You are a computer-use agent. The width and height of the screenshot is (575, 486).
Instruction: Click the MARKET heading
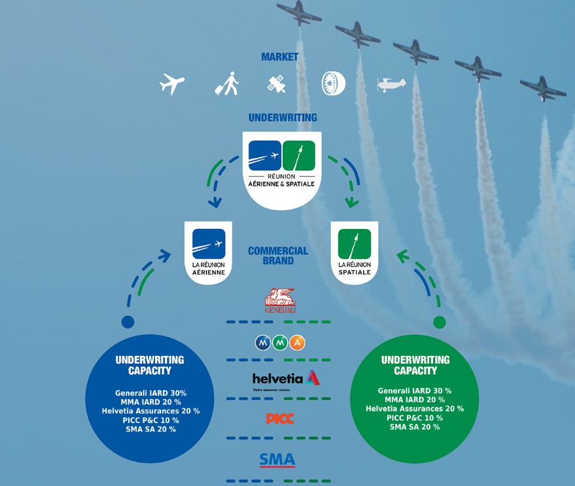pos(279,57)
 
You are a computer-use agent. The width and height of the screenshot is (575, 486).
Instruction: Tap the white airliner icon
pos(172,84)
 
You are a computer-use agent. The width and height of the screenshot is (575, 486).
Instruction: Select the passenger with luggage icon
pos(227,84)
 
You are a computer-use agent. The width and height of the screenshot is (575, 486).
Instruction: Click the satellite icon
pos(277,84)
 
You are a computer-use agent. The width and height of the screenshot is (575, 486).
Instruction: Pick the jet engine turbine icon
pos(333,83)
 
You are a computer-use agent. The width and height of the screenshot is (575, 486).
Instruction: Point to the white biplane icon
pos(391,84)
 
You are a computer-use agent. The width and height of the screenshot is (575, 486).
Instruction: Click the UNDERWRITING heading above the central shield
pos(283,118)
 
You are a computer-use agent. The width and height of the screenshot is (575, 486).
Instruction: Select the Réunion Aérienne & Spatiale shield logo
pos(282,169)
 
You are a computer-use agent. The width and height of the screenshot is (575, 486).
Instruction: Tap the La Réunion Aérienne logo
pos(209,252)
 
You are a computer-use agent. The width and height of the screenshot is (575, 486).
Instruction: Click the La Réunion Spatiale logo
pos(355,252)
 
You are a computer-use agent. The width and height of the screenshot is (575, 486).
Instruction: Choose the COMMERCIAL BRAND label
pos(278,255)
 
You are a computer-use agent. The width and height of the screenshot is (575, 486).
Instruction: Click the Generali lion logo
pos(280,301)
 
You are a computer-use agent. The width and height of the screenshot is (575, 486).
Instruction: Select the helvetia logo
pos(285,379)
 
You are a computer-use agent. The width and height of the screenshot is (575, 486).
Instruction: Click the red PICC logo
pos(280,418)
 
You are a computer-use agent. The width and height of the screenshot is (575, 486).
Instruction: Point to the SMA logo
pos(277,460)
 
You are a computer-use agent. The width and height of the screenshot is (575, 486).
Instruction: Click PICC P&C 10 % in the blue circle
pos(150,420)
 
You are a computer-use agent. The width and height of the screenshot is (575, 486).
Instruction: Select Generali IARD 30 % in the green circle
pos(414,391)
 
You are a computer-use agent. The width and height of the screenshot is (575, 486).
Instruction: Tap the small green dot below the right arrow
pos(440,322)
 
